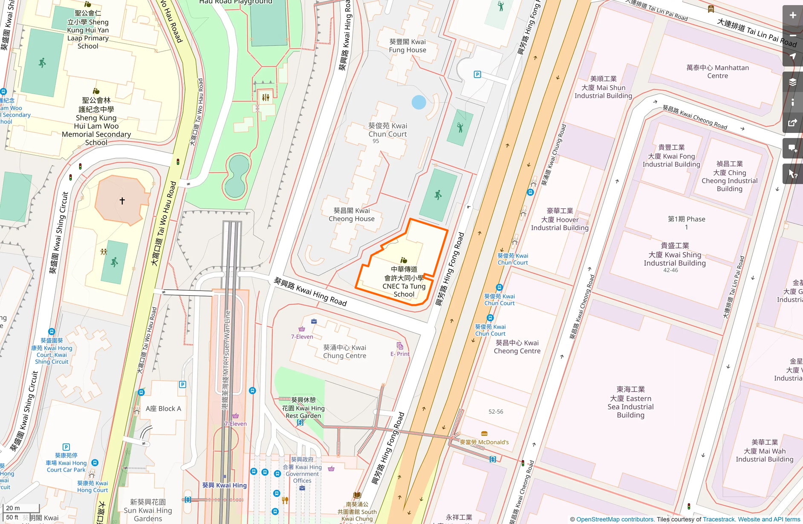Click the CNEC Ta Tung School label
point(404,282)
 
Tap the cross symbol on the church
point(122,201)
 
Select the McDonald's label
point(484,442)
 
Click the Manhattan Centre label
point(717,72)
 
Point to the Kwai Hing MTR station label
point(224,485)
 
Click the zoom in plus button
point(792,15)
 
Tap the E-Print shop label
point(400,354)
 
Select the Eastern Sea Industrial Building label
point(630,402)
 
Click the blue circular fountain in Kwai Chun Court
point(419,102)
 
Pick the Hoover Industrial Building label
point(560,219)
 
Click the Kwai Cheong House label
point(352,215)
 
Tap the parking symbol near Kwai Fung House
point(477,75)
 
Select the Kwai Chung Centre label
point(344,351)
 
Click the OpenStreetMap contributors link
point(615,519)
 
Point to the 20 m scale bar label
point(13,508)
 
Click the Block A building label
point(163,409)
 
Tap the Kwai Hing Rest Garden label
point(303,408)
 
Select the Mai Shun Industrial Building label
point(603,87)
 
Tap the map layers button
point(792,82)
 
